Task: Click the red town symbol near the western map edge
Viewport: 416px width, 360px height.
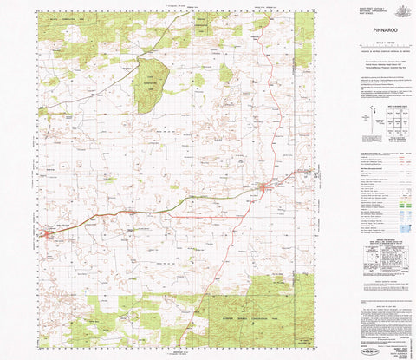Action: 46,232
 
